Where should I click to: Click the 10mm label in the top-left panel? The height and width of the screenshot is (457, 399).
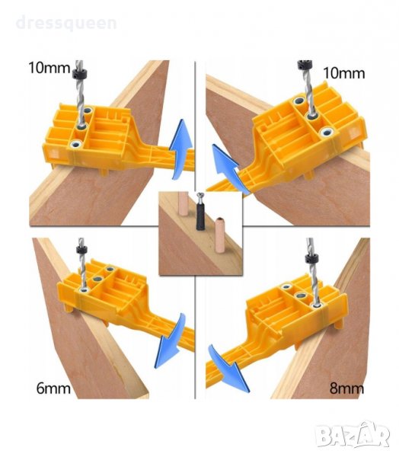(49, 68)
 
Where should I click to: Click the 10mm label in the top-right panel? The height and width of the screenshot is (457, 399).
(344, 73)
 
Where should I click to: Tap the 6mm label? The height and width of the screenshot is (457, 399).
(53, 388)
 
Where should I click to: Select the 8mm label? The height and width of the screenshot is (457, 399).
(346, 388)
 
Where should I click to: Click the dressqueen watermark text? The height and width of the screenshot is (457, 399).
(66, 23)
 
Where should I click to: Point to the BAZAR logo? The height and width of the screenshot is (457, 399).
(353, 435)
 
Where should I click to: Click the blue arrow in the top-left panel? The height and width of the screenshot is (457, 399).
(180, 149)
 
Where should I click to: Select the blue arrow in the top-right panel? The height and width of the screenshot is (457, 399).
(228, 169)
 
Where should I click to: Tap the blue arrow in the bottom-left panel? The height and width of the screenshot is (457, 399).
(171, 341)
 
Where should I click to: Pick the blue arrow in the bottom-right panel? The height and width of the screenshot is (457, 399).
(228, 369)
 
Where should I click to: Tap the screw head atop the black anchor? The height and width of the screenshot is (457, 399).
(200, 197)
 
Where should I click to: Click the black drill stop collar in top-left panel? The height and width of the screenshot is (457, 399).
(79, 73)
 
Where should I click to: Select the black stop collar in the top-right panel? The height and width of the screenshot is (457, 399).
(304, 66)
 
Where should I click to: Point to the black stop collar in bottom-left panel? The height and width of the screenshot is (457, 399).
(81, 250)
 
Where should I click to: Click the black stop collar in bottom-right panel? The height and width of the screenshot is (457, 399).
(311, 258)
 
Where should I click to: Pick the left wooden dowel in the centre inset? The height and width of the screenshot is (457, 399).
(183, 203)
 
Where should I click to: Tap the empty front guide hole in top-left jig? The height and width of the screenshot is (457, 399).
(76, 144)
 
